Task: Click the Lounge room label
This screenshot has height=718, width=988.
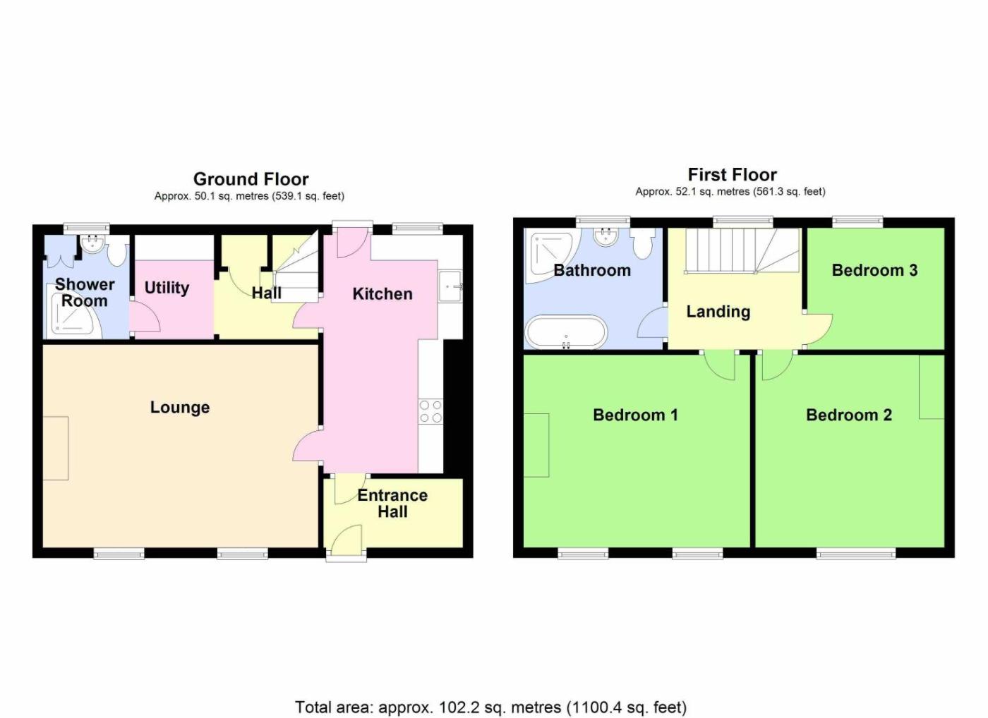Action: click(180, 408)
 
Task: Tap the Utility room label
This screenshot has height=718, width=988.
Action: click(167, 288)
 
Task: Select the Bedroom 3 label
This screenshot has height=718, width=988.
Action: click(874, 270)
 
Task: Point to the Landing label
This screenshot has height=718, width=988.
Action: click(718, 312)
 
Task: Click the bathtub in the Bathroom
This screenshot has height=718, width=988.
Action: click(566, 331)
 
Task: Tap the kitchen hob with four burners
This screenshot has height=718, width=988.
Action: click(430, 411)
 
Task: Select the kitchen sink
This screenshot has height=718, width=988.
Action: click(450, 286)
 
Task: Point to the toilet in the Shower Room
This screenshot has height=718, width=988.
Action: click(117, 250)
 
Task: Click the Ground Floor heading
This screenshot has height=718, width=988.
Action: click(251, 179)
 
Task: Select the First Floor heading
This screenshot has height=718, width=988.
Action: click(733, 175)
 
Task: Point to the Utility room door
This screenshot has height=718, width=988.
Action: click(145, 315)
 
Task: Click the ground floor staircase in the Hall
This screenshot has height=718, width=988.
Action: click(296, 268)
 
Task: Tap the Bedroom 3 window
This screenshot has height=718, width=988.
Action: click(857, 221)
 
